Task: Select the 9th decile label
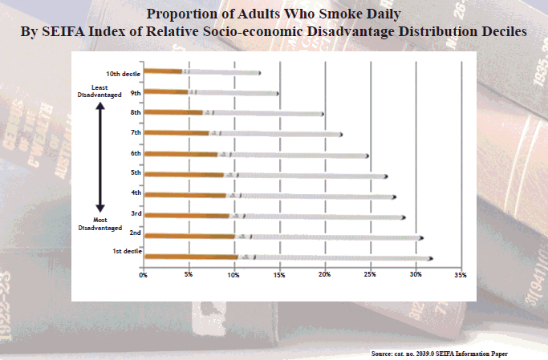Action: pyautogui.click(x=136, y=93)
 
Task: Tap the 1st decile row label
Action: pyautogui.click(x=128, y=252)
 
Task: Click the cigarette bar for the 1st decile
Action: pyautogui.click(x=289, y=257)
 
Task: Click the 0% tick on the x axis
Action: pyautogui.click(x=144, y=275)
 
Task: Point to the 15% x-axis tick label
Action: pyautogui.click(x=279, y=275)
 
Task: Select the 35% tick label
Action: pyautogui.click(x=461, y=275)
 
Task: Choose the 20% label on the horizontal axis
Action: pyautogui.click(x=325, y=275)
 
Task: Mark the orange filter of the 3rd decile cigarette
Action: pyautogui.click(x=187, y=216)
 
